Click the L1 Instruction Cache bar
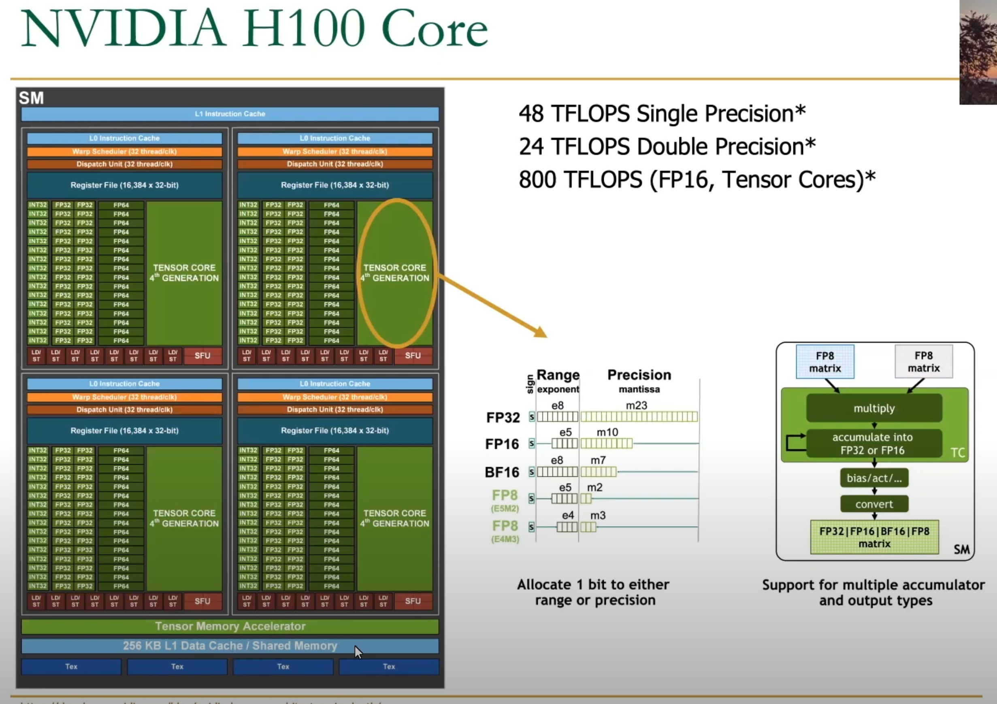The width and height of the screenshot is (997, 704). pyautogui.click(x=230, y=114)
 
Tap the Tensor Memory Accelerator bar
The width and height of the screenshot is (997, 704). pyautogui.click(x=230, y=626)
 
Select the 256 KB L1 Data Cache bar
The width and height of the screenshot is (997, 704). pyautogui.click(x=230, y=646)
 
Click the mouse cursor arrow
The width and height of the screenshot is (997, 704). pyautogui.click(x=358, y=651)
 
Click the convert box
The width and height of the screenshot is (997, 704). pyautogui.click(x=874, y=504)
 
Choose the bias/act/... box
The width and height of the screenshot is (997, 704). pyautogui.click(x=874, y=478)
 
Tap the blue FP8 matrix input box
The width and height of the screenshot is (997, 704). pyautogui.click(x=824, y=362)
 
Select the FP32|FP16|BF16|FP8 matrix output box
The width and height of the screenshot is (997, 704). pyautogui.click(x=874, y=537)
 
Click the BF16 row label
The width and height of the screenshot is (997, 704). pyautogui.click(x=502, y=472)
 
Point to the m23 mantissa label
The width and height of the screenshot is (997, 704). pyautogui.click(x=636, y=405)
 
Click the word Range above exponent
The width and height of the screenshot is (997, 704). pyautogui.click(x=558, y=374)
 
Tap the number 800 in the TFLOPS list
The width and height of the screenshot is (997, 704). pyautogui.click(x=537, y=179)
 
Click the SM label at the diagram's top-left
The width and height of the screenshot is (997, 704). pyautogui.click(x=31, y=98)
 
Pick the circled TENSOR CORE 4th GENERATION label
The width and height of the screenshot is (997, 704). pyautogui.click(x=395, y=273)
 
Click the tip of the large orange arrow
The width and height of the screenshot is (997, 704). pyautogui.click(x=546, y=336)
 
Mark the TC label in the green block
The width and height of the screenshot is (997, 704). pyautogui.click(x=957, y=452)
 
